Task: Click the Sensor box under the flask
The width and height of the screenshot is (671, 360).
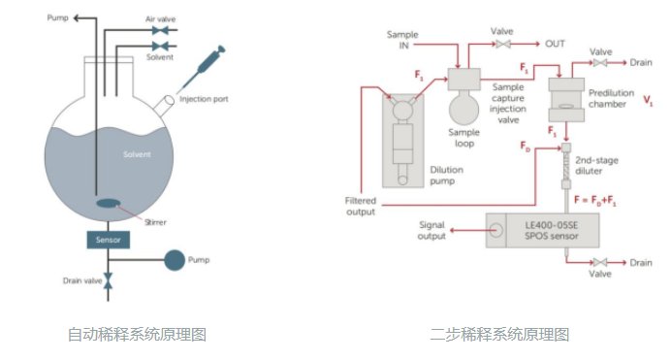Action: coord(108,239)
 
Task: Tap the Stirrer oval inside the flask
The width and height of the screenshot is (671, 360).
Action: coord(108,204)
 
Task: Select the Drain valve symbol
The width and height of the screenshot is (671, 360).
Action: coord(108,281)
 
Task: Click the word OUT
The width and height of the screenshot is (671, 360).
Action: coord(556,43)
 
